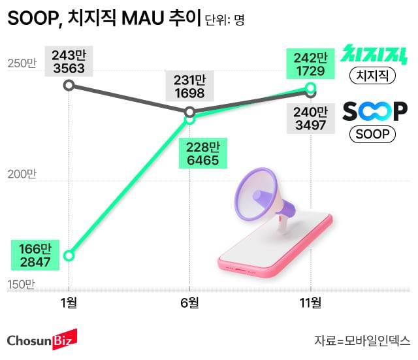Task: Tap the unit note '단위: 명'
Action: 224,20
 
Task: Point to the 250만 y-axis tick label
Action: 22,63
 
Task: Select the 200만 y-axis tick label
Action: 22,174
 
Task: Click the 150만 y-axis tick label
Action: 22,284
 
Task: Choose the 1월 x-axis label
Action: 69,303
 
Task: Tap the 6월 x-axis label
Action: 189,303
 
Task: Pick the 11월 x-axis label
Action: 310,303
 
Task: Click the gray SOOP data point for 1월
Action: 69,86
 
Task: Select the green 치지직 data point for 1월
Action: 69,255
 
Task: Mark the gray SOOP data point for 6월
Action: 190,112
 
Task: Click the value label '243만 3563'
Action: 69,61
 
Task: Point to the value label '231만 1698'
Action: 189,86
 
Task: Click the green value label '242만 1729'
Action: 310,63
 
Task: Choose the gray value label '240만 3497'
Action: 310,118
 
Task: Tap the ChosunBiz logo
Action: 42,340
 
